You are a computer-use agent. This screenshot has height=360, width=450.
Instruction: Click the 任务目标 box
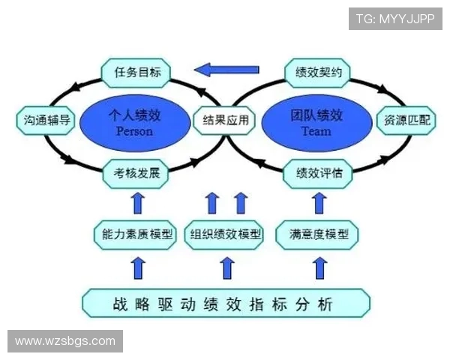pyautogui.click(x=136, y=72)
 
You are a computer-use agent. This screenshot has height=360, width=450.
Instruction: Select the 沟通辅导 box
pyautogui.click(x=44, y=119)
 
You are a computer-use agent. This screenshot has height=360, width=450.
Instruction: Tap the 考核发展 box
pyautogui.click(x=136, y=173)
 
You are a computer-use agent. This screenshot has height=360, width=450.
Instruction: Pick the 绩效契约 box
pyautogui.click(x=319, y=72)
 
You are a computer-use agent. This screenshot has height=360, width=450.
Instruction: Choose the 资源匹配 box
pyautogui.click(x=406, y=119)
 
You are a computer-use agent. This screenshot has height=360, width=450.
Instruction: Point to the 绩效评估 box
pyautogui.click(x=319, y=173)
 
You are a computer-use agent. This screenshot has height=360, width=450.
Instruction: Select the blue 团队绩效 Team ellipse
pyautogui.click(x=316, y=122)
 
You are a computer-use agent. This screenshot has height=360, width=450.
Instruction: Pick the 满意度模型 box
pyautogui.click(x=319, y=234)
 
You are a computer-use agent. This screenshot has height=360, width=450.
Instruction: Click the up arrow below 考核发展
pyautogui.click(x=136, y=202)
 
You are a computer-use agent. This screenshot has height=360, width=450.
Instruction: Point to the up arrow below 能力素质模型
pyautogui.click(x=136, y=266)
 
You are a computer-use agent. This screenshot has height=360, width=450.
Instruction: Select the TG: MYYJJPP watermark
pyautogui.click(x=394, y=18)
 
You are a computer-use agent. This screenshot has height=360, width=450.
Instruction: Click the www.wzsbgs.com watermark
pyautogui.click(x=65, y=341)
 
